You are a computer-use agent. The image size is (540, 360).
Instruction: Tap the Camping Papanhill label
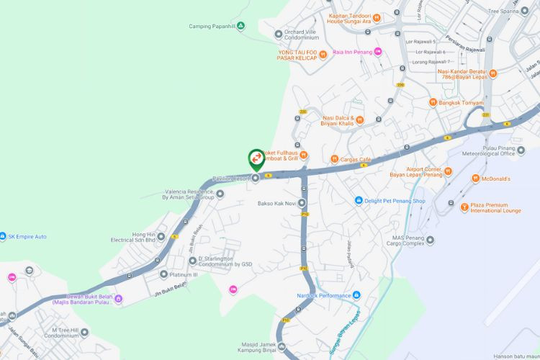click(x=212, y=27)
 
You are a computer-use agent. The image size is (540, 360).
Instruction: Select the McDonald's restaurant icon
click(x=476, y=179)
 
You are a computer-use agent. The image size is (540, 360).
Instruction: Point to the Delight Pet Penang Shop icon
click(x=358, y=201)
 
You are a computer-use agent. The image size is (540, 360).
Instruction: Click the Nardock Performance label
click(x=324, y=295)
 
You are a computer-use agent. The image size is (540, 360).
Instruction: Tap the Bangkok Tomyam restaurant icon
click(x=433, y=102)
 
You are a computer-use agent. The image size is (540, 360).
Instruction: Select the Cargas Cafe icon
click(x=334, y=159)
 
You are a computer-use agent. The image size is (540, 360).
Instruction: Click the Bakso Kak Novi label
click(x=276, y=203)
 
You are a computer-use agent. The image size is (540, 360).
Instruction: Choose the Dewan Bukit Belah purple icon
click(x=118, y=299)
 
